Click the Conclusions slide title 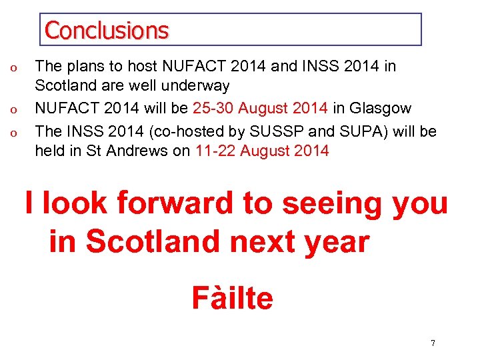(107, 30)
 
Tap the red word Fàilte (232, 298)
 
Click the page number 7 (433, 343)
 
